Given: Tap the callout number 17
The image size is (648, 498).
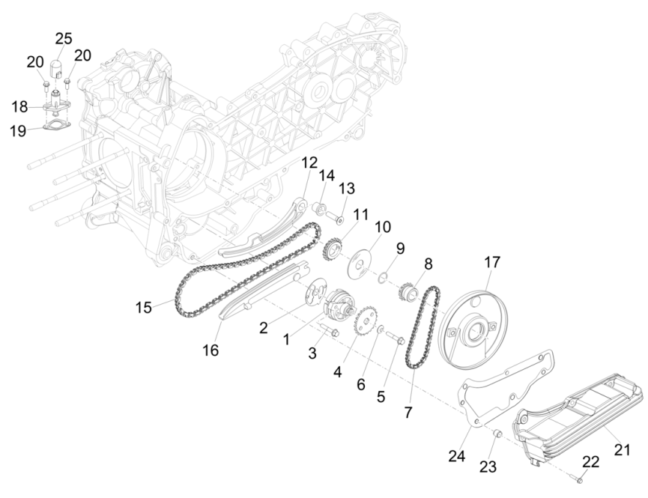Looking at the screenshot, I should [491, 262].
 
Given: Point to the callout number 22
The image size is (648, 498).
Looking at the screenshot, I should [590, 463].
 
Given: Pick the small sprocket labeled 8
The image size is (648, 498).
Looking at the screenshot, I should [408, 291].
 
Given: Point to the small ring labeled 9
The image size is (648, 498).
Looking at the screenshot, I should [383, 278].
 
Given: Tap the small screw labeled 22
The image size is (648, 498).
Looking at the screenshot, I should [578, 476].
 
